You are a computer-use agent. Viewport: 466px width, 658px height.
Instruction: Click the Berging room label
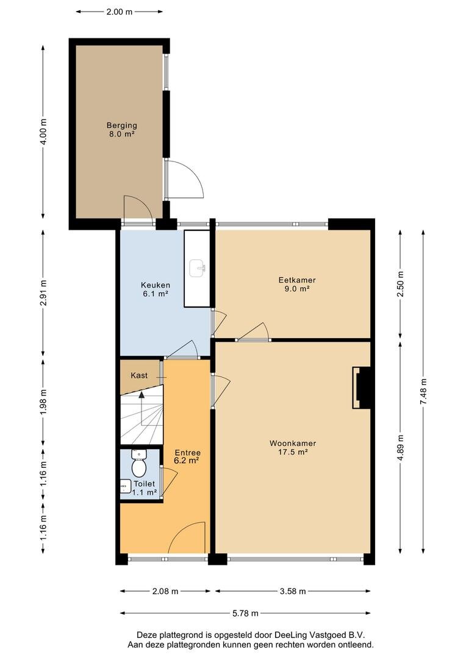click(x=121, y=125)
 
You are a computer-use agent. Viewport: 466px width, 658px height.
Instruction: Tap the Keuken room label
click(x=156, y=285)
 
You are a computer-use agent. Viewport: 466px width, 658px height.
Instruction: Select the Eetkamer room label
click(x=297, y=280)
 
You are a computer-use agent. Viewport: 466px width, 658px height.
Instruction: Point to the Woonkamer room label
click(x=293, y=443)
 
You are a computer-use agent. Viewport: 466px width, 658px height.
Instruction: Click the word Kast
click(x=139, y=375)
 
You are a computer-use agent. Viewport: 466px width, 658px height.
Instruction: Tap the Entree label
click(x=187, y=453)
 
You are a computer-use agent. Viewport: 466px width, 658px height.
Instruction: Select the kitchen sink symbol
click(x=197, y=268)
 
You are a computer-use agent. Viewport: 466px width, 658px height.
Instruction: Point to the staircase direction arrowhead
click(x=142, y=394)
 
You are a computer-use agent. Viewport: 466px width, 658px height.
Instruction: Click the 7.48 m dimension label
click(x=423, y=391)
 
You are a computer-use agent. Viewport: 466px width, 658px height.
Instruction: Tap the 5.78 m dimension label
click(x=245, y=613)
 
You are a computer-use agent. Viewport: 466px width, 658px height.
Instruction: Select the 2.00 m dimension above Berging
click(x=120, y=12)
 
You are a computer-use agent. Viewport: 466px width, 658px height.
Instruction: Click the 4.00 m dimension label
click(x=43, y=132)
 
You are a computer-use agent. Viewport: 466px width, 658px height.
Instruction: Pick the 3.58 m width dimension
click(x=293, y=591)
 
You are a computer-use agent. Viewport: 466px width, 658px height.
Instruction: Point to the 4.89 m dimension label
click(x=400, y=447)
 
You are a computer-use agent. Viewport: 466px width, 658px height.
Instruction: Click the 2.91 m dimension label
click(x=43, y=292)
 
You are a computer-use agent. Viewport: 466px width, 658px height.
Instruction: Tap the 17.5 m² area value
click(x=293, y=452)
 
